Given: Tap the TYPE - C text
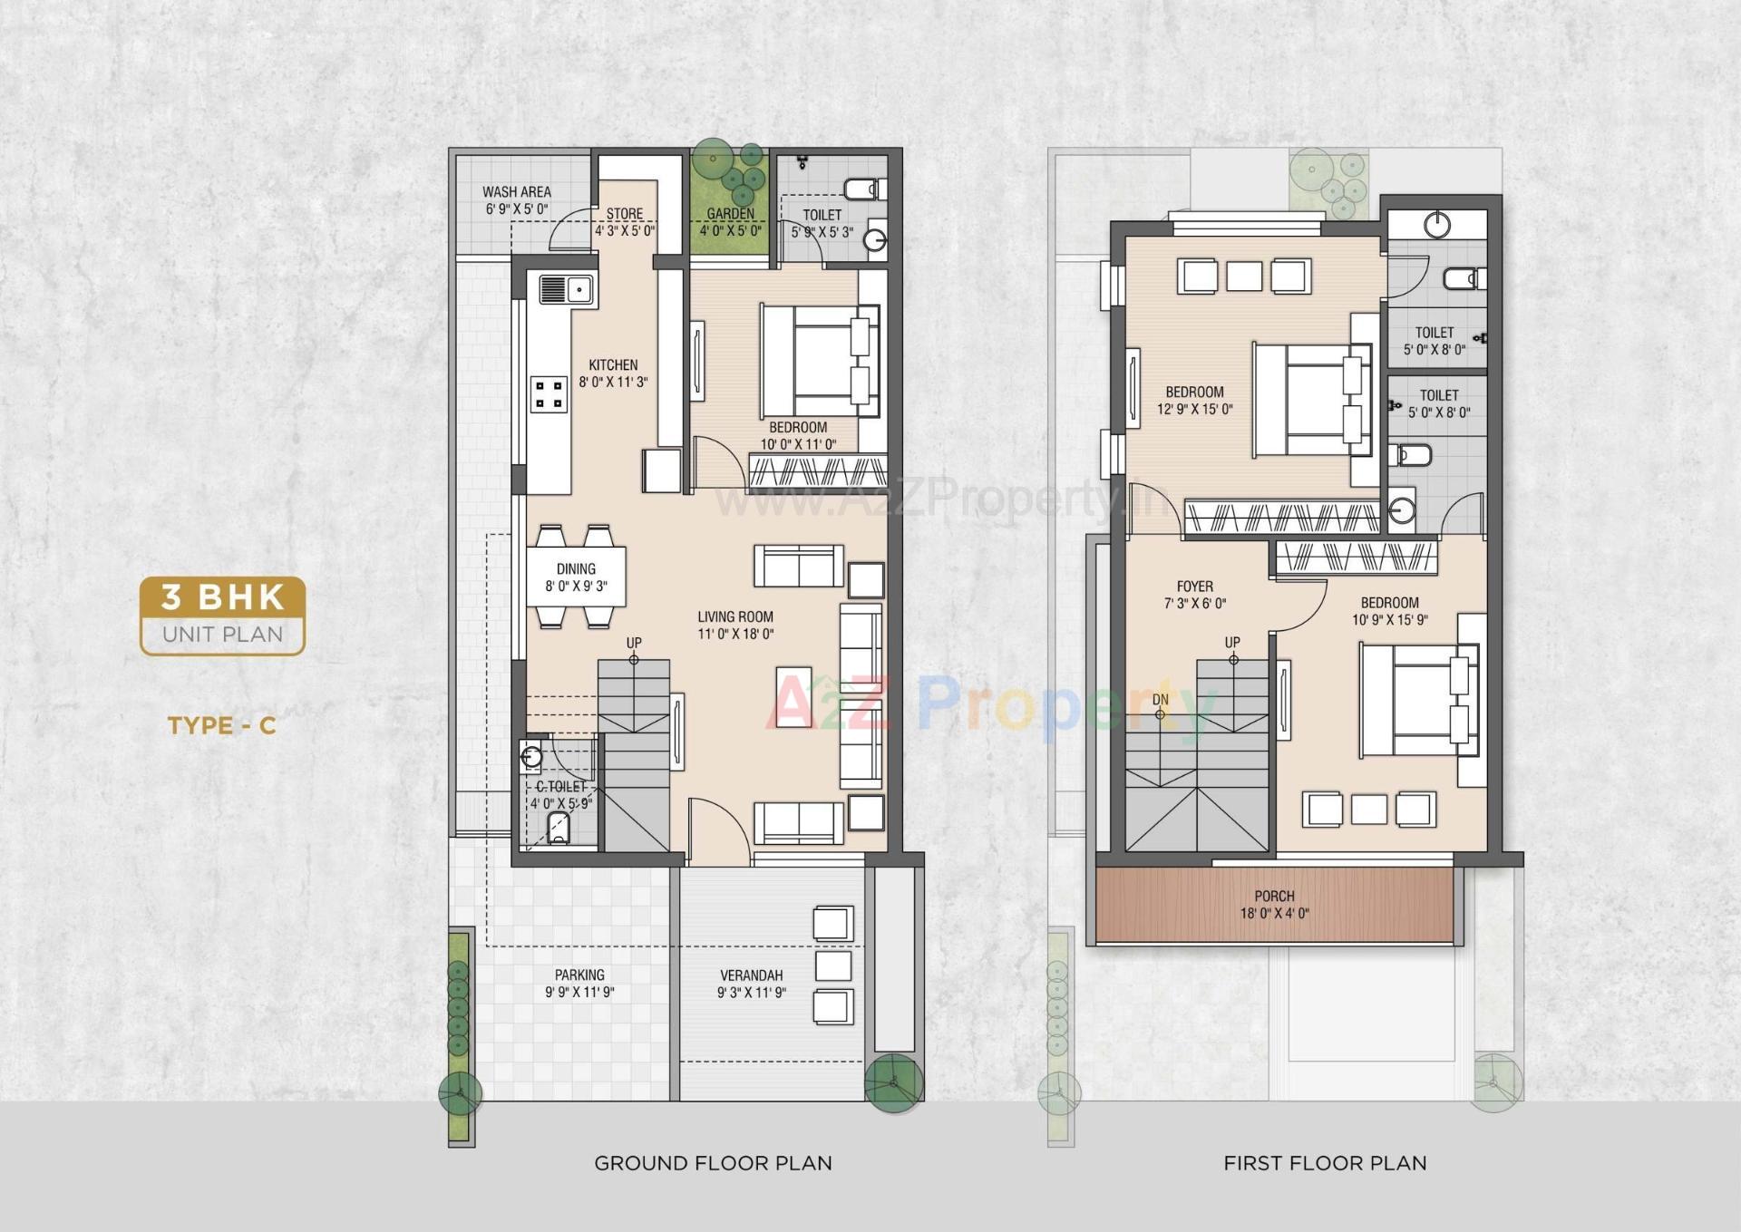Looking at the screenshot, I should (221, 725).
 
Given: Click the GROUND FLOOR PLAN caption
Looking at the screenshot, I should (713, 1163).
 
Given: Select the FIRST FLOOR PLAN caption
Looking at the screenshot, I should (1325, 1163).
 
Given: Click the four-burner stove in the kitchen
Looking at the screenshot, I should (550, 394).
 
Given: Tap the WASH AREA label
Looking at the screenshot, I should (516, 192).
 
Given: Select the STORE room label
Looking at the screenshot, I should (625, 214).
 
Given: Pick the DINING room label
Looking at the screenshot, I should (576, 569).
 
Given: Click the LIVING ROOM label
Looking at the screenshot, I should (735, 617).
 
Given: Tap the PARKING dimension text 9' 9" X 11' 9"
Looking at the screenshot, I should (579, 993).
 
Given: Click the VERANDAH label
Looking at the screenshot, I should (751, 975).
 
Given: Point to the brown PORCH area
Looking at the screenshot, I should (1273, 905).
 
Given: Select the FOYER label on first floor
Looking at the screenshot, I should (1194, 587).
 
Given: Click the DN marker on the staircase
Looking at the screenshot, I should (1160, 700).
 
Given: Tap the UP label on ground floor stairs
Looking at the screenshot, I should (634, 643).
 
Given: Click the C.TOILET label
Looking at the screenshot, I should (560, 787).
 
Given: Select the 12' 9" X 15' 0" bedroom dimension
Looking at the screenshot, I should (1194, 410).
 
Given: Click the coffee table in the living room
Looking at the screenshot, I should (794, 698).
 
